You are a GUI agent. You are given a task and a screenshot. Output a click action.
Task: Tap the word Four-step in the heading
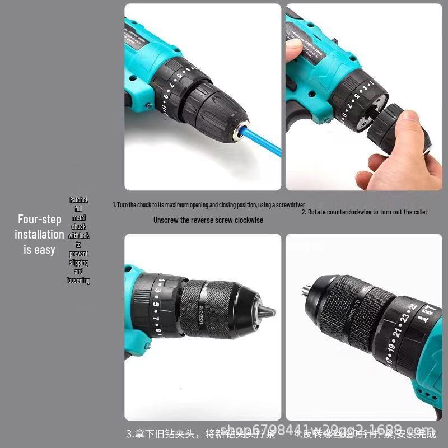click(39, 220)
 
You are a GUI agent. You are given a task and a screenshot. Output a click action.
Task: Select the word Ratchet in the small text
click(78, 199)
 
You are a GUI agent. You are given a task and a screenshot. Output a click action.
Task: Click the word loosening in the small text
click(78, 281)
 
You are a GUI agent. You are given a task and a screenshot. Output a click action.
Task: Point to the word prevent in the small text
click(78, 254)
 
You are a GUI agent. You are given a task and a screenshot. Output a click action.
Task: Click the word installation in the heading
click(39, 235)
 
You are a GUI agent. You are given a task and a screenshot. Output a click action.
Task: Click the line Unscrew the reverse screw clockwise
click(208, 220)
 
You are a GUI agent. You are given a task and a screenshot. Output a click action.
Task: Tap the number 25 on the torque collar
click(414, 307)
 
